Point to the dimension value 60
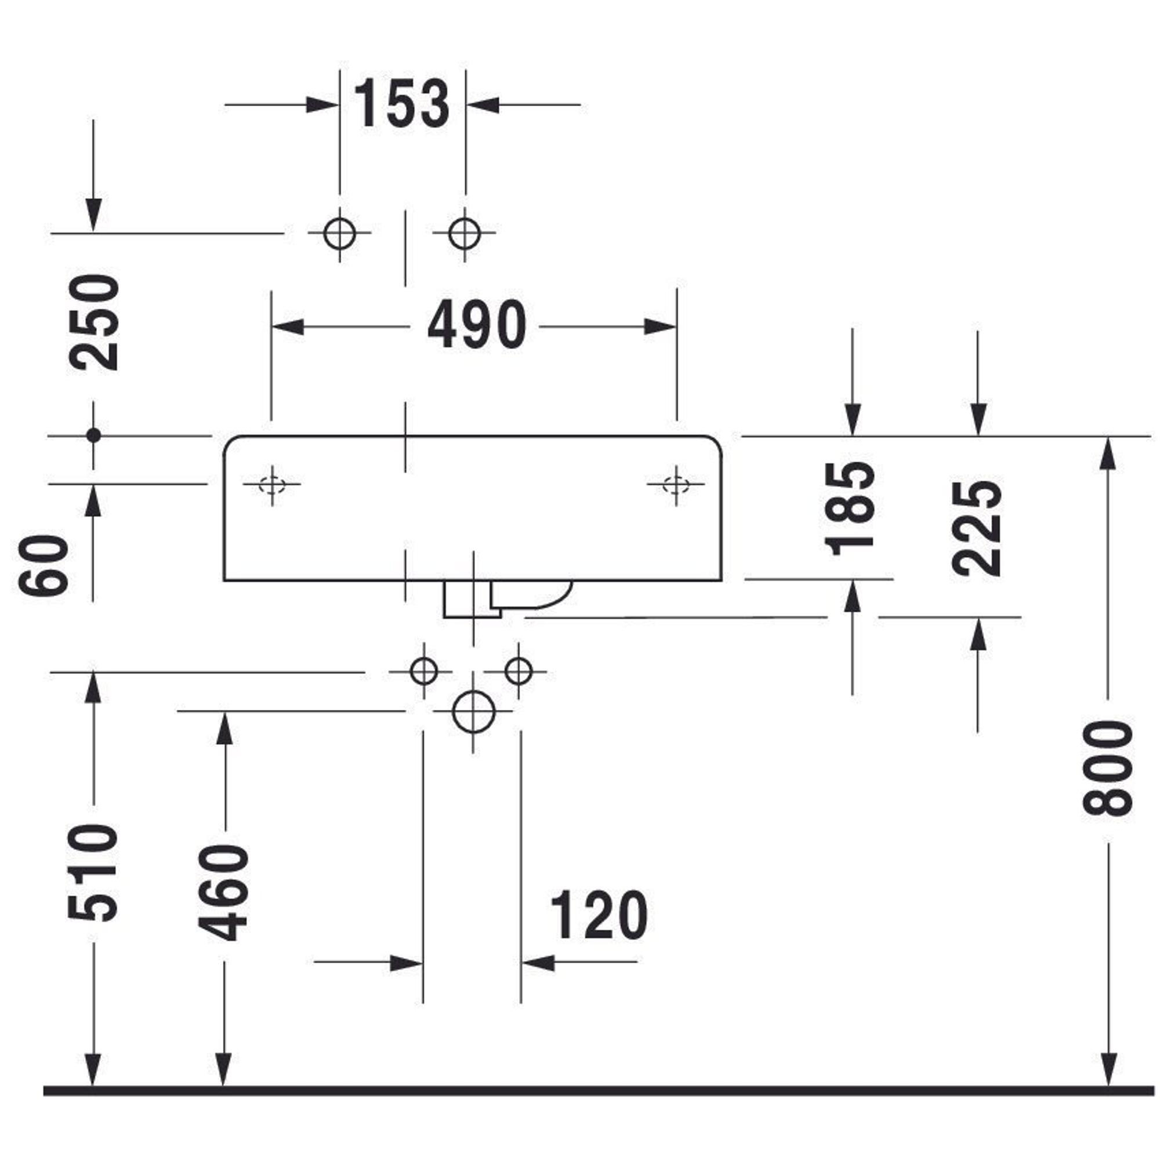click(44, 565)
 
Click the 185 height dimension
click(850, 509)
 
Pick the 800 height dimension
click(1107, 769)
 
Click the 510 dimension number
click(92, 872)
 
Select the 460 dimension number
click(223, 892)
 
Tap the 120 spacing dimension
click(599, 915)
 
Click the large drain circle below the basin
click(473, 712)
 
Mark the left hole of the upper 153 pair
click(339, 233)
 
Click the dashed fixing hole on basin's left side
click(272, 484)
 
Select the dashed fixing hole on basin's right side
click(676, 484)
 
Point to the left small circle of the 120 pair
click(423, 670)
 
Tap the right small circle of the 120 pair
click(519, 670)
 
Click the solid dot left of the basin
click(93, 436)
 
